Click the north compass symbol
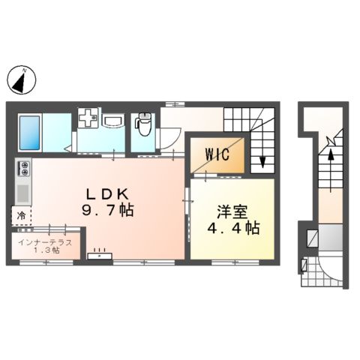(22, 80)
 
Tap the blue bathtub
(29, 133)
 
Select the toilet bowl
(143, 124)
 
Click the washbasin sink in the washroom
(113, 121)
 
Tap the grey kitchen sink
(23, 193)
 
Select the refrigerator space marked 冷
(22, 215)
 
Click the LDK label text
(107, 193)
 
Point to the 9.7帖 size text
(107, 209)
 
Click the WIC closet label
(217, 154)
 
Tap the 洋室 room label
(232, 212)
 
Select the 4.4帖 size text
(233, 227)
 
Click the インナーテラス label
(45, 242)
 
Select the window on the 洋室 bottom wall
(235, 262)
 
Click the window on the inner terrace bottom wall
(46, 262)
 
